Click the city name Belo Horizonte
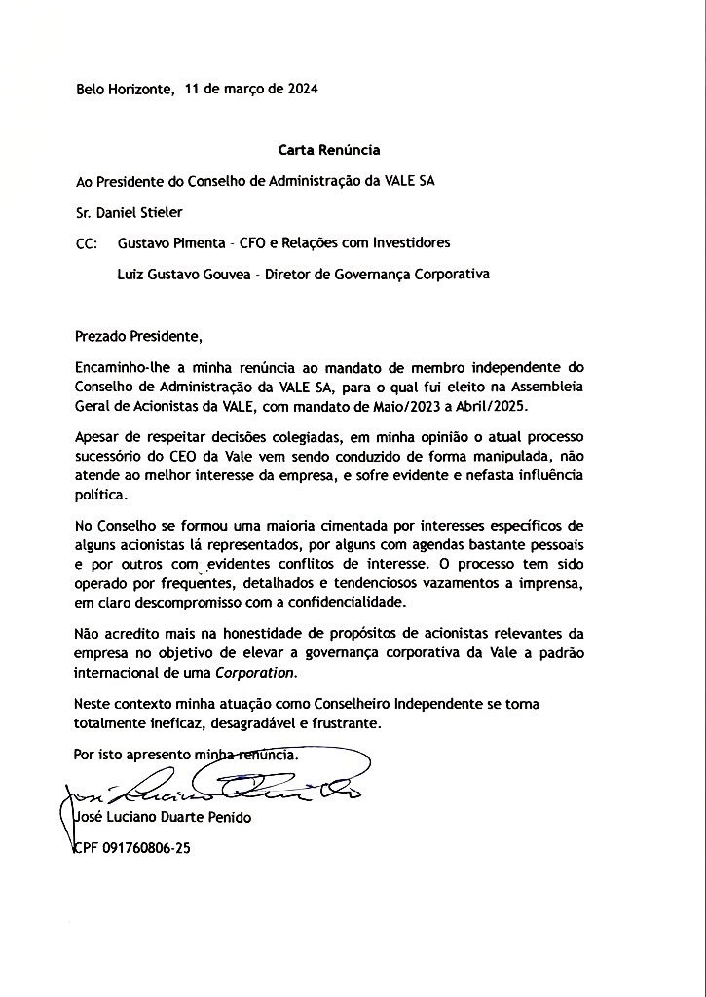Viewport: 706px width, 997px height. (125, 89)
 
